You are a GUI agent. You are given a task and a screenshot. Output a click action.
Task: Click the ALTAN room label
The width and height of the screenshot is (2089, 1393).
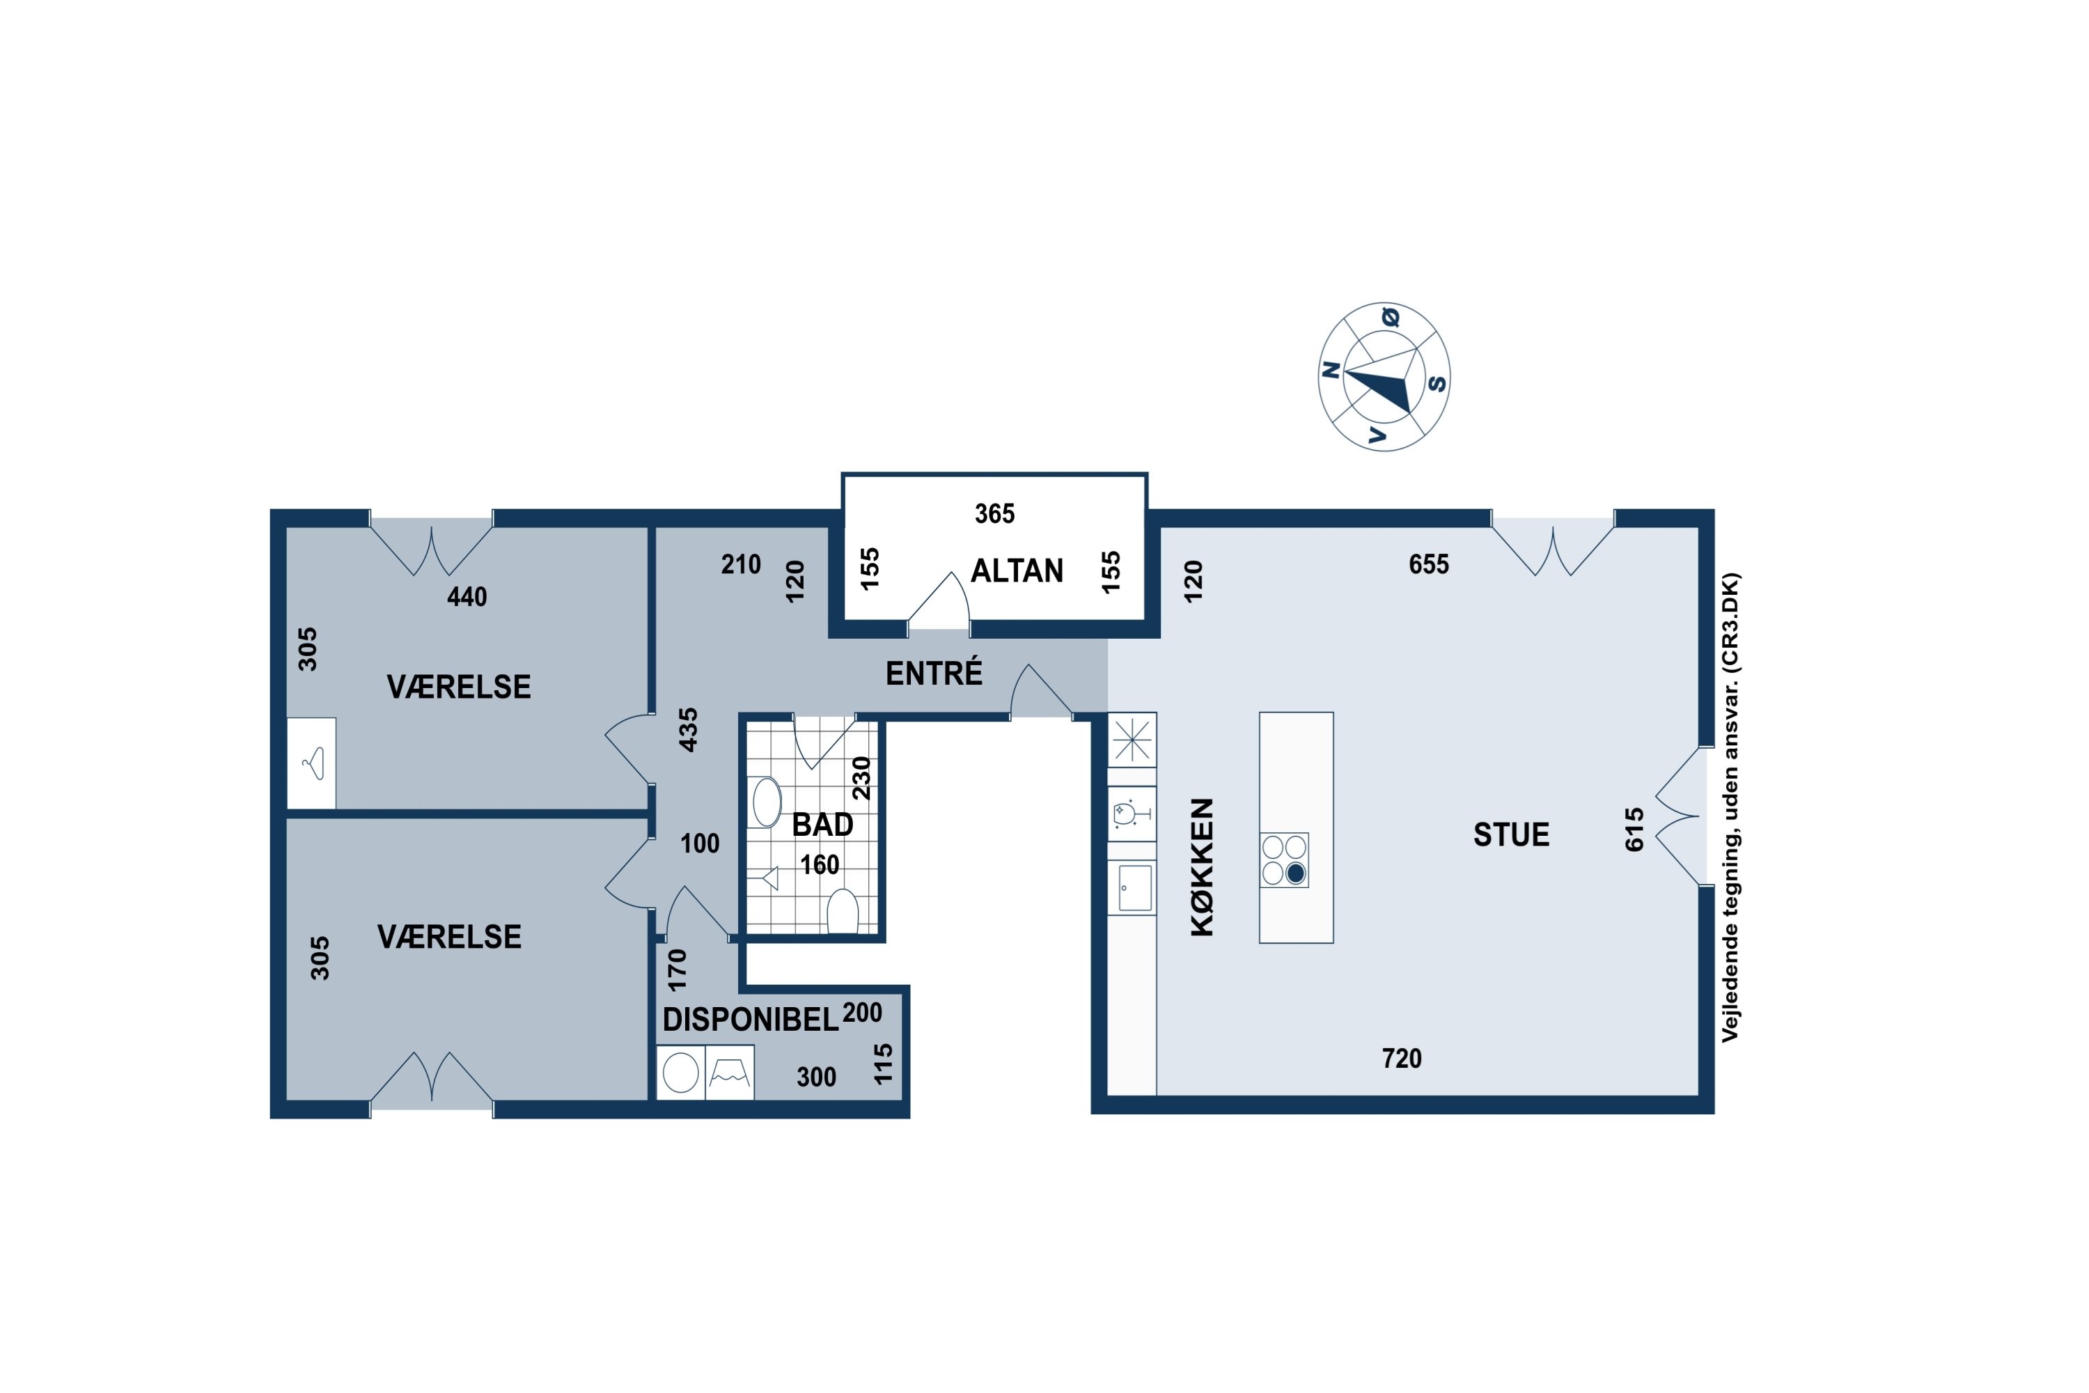[1017, 570]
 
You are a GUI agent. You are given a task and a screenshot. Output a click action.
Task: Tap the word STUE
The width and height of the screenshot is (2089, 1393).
[1511, 834]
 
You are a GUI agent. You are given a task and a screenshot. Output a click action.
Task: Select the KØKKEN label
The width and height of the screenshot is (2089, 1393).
[1202, 867]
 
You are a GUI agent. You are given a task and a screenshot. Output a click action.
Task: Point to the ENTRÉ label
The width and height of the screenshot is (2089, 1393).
[934, 674]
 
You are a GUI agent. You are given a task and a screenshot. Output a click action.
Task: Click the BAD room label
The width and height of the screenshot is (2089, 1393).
[822, 825]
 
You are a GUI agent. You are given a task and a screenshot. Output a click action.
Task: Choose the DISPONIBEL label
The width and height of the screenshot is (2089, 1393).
[751, 1020]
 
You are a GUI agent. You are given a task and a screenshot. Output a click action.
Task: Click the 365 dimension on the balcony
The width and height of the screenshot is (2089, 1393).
[995, 513]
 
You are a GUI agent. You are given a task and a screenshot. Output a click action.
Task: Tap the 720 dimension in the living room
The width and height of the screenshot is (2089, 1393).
[1402, 1058]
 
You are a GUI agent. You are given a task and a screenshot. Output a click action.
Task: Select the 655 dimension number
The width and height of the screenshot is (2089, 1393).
[1429, 564]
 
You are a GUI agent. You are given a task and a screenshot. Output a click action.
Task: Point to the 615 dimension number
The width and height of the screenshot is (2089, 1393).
[1634, 830]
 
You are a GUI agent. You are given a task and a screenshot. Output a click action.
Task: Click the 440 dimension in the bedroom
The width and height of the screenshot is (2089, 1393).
[467, 597]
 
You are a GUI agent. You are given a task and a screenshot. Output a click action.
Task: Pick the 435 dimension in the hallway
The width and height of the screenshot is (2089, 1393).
[689, 730]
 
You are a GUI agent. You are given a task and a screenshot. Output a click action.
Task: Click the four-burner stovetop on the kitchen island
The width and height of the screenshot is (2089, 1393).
[1284, 860]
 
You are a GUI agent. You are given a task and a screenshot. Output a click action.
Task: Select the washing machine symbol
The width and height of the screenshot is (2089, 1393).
[681, 1073]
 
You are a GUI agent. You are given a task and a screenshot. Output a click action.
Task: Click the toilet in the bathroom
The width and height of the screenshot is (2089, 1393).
[843, 912]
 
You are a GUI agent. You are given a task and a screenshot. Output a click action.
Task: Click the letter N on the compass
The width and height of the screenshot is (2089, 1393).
[1331, 371]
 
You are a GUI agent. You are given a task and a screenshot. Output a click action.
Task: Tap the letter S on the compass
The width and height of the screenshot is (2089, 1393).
[1436, 383]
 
